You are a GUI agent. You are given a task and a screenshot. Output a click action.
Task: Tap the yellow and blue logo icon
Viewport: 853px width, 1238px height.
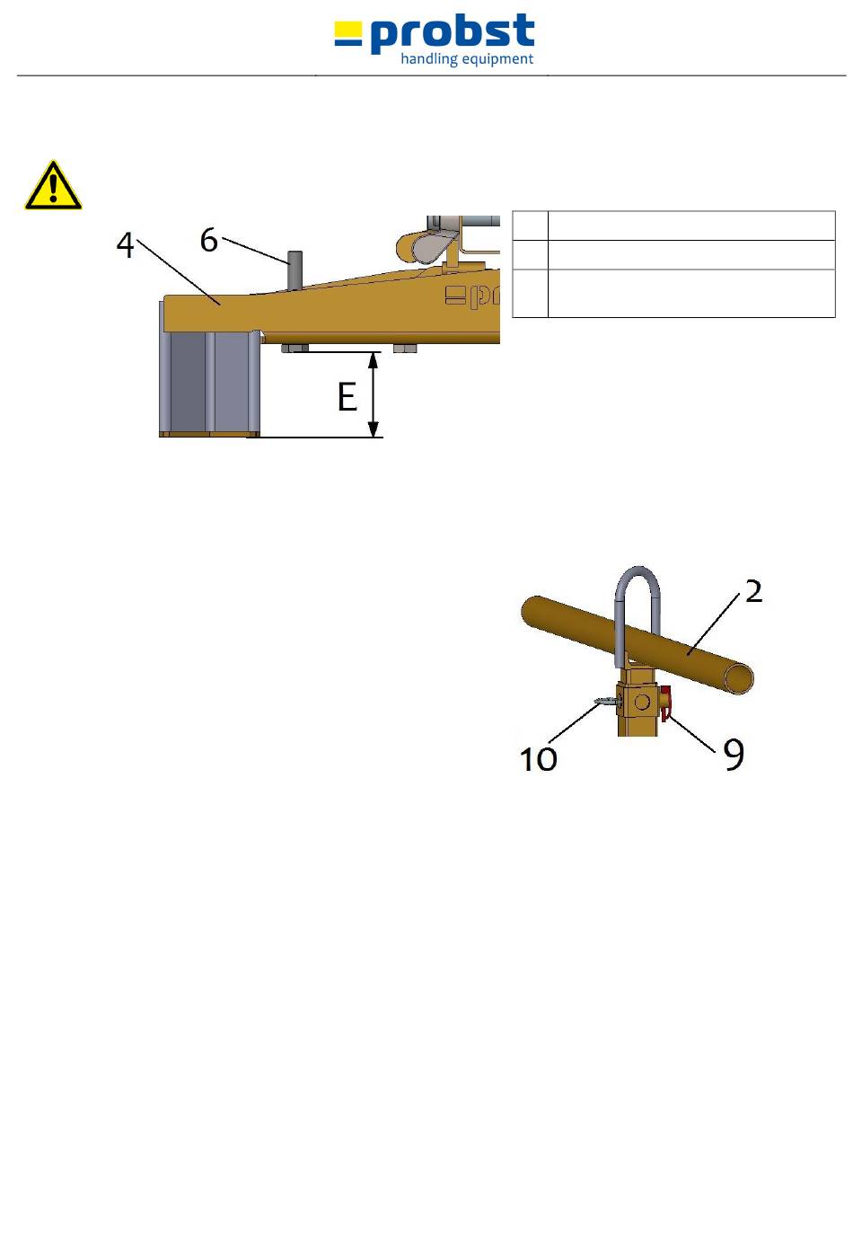click(348, 35)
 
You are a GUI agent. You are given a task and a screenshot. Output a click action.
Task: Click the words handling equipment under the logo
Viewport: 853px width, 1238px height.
click(467, 60)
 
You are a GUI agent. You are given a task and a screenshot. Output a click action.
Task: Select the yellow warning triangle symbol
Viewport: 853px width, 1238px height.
click(53, 186)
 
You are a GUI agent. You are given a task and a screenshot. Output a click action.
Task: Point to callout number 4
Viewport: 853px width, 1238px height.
click(126, 245)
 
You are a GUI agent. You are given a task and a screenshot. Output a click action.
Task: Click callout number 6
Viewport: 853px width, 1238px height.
click(208, 240)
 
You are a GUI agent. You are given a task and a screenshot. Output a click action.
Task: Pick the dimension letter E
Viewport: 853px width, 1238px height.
click(347, 396)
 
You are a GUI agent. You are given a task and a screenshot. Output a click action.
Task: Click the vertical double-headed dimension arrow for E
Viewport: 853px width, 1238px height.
click(374, 394)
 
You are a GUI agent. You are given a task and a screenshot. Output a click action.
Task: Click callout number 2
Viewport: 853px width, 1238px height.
click(753, 590)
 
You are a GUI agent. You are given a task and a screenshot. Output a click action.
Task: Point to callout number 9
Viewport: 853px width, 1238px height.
click(734, 756)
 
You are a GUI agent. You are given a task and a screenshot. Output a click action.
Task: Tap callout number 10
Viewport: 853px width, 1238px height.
click(539, 759)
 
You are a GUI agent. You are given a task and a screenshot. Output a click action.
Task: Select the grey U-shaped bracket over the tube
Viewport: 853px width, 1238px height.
click(638, 602)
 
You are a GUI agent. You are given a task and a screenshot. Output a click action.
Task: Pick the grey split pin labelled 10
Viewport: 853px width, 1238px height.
click(605, 702)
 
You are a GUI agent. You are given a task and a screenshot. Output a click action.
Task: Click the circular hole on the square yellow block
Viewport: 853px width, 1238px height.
click(642, 701)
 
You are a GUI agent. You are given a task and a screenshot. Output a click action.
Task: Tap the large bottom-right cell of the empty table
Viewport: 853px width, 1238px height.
click(691, 293)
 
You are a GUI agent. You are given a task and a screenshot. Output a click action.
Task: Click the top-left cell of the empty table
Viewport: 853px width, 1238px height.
click(530, 225)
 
